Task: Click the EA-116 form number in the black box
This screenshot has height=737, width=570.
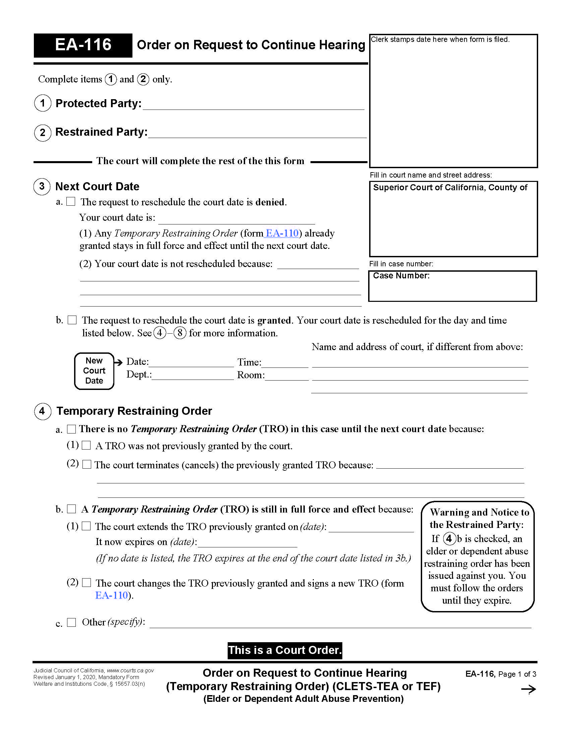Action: coord(83,45)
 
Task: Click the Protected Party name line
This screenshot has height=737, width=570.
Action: coord(253,105)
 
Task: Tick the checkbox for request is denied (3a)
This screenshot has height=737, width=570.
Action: coord(70,201)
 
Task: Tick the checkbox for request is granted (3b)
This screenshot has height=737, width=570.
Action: coord(72,320)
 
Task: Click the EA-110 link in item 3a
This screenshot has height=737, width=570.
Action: coord(282,233)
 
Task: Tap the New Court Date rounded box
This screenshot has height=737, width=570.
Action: coord(94,371)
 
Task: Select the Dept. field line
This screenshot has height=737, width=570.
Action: coord(192,376)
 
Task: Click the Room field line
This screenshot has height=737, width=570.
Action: coord(287,376)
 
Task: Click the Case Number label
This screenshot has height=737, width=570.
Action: coord(401,276)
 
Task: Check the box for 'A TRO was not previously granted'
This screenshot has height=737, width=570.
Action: coord(87,445)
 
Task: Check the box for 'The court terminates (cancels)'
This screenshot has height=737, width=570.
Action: coord(87,464)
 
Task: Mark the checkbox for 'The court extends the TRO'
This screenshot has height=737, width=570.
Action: coord(87,526)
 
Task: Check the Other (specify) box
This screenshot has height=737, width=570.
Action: coord(71,622)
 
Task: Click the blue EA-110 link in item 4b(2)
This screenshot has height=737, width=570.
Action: coord(112,595)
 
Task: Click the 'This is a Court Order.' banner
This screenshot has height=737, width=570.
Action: coord(285,650)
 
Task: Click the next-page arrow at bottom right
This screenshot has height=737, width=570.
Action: coord(528,689)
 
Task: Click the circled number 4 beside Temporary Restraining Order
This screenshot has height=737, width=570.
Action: coord(42,411)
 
